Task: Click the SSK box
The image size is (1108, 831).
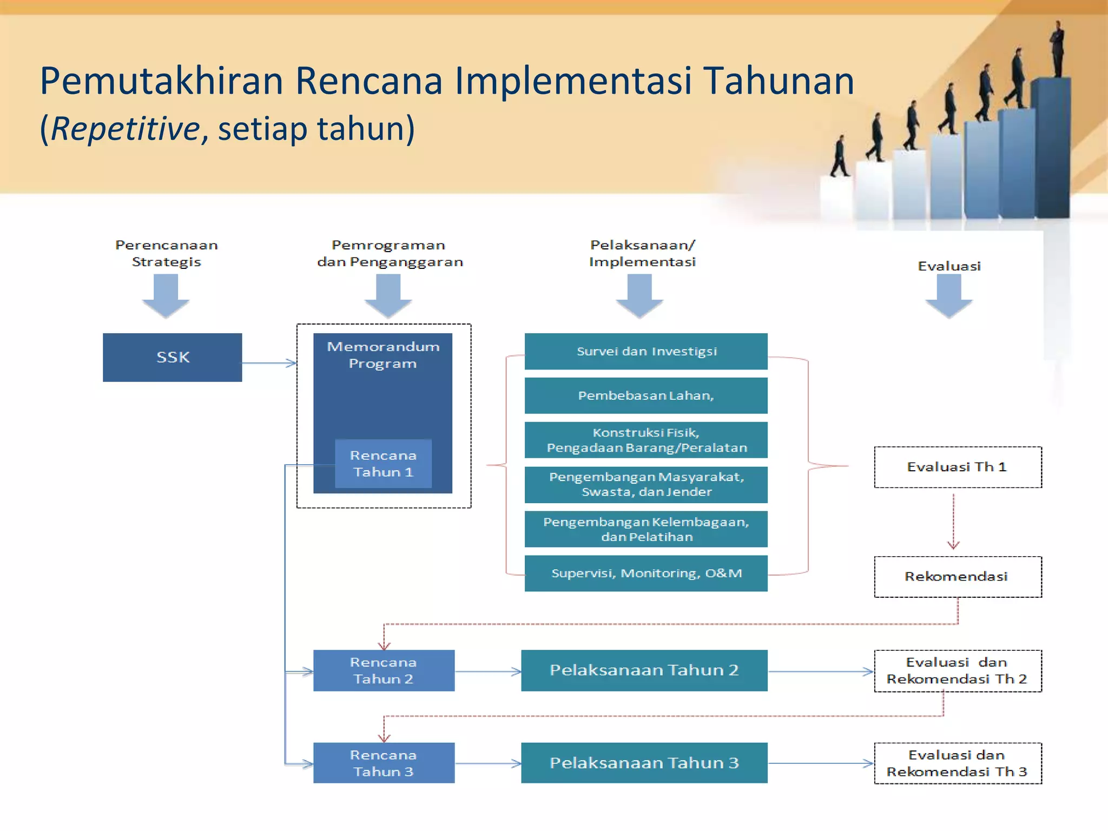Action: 172,357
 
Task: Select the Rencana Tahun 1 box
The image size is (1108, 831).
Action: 383,464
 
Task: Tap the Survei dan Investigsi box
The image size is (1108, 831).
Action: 646,351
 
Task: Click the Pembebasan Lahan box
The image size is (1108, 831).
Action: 646,395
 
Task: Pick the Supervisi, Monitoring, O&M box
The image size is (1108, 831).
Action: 646,573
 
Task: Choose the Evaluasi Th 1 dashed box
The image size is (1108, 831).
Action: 958,467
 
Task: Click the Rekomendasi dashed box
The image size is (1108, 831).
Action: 958,577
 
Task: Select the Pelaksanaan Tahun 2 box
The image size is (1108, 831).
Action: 644,670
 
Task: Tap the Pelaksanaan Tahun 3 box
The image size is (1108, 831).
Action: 644,763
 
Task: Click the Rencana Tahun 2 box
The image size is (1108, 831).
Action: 384,670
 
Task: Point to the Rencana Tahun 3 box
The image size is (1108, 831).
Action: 384,763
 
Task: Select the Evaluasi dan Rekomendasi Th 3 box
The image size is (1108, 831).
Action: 958,763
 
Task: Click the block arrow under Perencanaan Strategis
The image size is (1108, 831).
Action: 166,295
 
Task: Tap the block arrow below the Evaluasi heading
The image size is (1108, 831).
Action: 949,295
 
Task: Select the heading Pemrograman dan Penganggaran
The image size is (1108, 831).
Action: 390,253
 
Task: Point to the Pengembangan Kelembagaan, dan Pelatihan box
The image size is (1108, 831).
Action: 646,529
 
